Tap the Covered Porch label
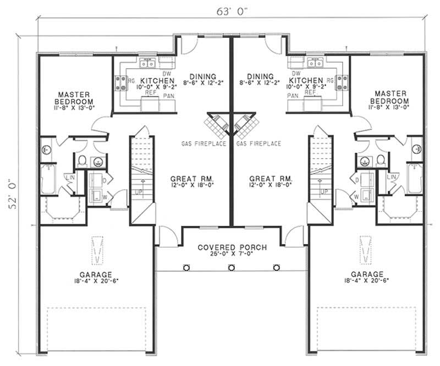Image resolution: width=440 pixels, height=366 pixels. [x=232, y=248]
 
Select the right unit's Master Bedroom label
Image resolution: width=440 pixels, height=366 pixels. [x=389, y=97]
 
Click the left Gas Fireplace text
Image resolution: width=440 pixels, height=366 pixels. [x=204, y=144]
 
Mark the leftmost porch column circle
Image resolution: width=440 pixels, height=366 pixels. [x=186, y=267]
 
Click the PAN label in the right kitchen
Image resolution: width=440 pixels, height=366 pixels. [x=293, y=96]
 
